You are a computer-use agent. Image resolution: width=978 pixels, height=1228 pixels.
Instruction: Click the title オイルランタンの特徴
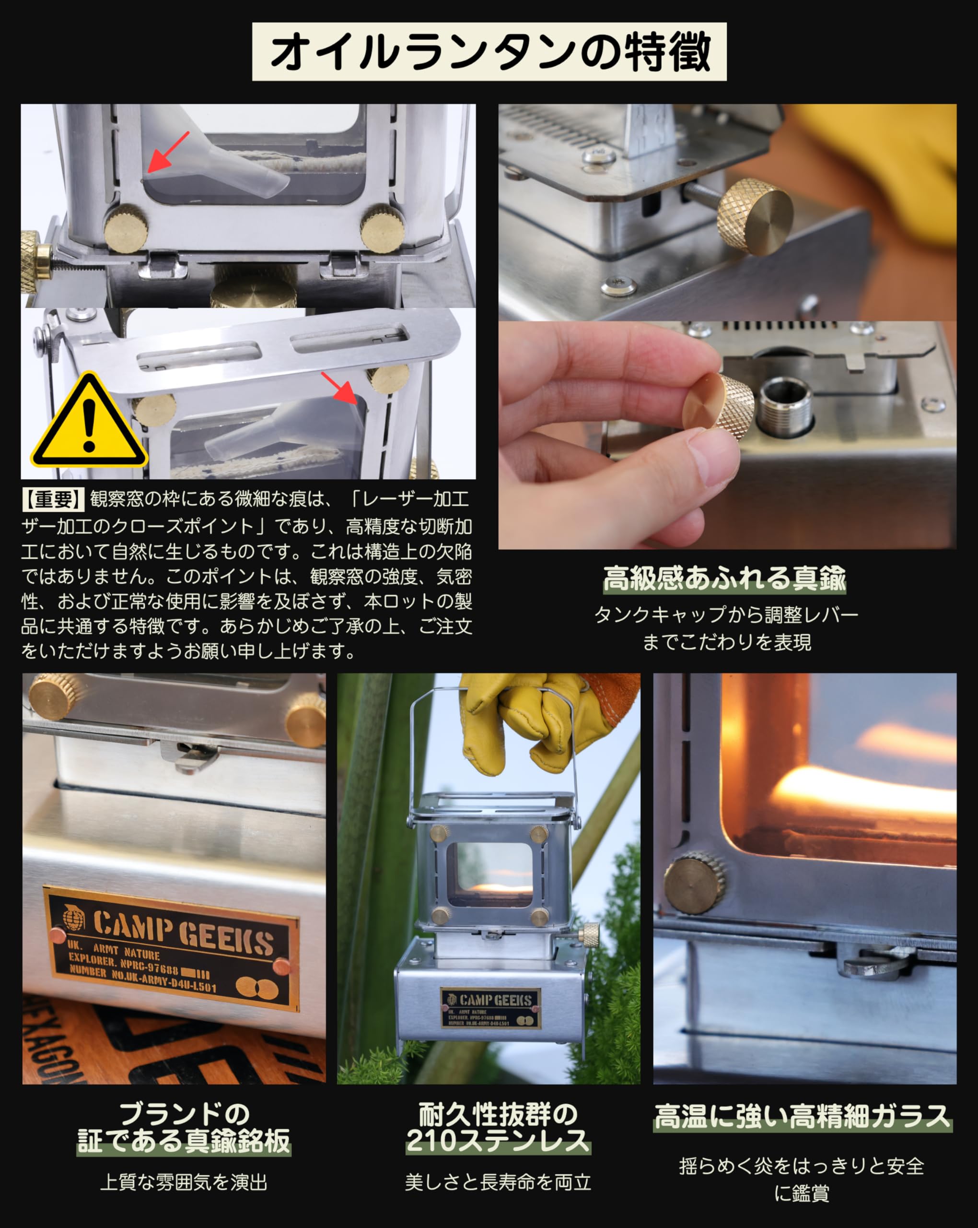(x=489, y=52)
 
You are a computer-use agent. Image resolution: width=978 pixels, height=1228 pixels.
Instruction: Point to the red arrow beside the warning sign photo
(x=339, y=387)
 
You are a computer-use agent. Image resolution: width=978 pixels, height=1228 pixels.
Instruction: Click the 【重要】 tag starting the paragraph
(x=52, y=499)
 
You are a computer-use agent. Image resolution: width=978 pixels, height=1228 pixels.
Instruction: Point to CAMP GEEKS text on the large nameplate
(x=183, y=933)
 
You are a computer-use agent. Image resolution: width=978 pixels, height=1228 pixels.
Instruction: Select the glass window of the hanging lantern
(x=489, y=874)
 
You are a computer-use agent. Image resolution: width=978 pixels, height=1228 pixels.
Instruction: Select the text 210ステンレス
(x=498, y=1141)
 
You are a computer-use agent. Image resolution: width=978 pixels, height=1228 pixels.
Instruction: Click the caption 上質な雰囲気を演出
(x=183, y=1182)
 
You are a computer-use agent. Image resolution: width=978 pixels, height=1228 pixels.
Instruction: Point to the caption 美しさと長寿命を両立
(x=498, y=1182)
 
